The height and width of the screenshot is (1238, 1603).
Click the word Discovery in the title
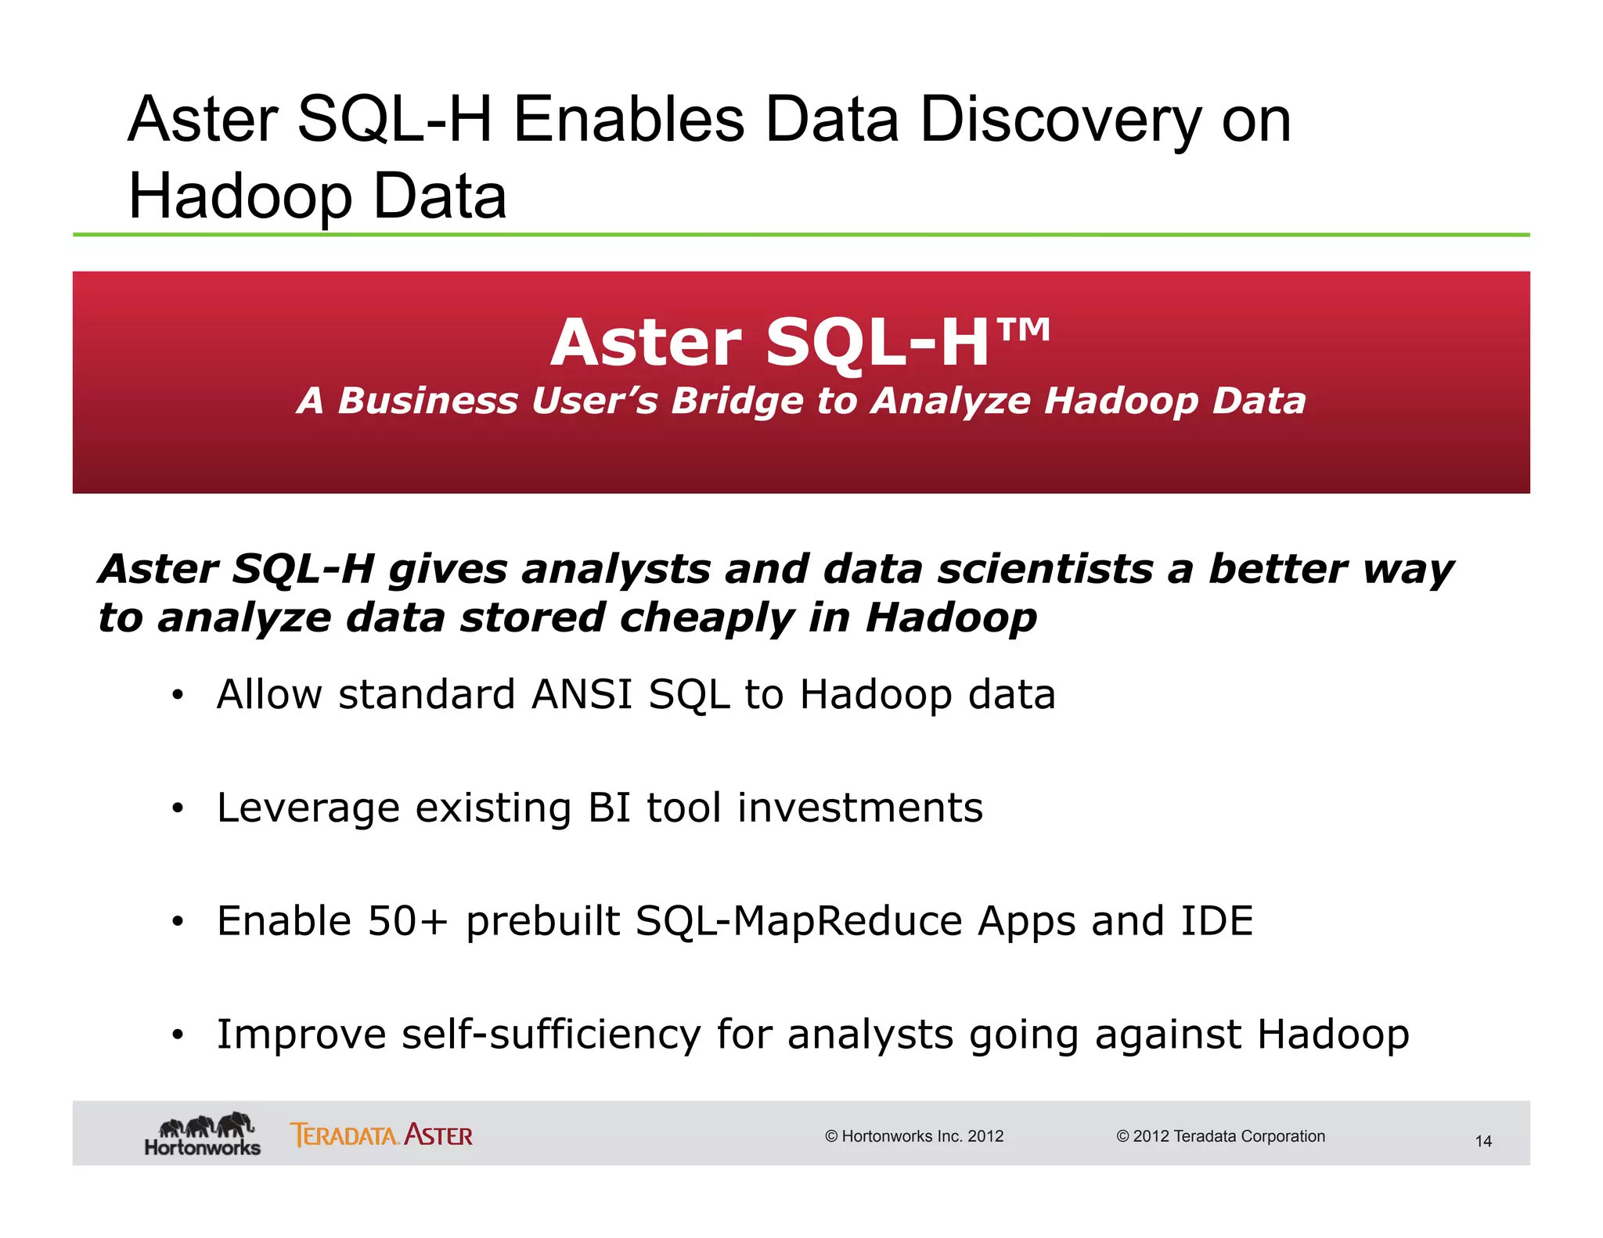point(1061,121)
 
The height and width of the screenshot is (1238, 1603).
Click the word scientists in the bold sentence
point(1045,569)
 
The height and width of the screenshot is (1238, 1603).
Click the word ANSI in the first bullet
point(582,695)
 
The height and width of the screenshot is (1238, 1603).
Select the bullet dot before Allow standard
point(178,695)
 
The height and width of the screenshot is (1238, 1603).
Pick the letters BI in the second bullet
point(609,808)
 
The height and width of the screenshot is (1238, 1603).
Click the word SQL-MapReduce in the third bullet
point(798,921)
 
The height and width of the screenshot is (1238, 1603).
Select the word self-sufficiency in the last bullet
point(551,1035)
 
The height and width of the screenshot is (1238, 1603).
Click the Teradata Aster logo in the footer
point(381,1135)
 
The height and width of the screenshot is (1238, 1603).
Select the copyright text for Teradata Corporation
point(1220,1136)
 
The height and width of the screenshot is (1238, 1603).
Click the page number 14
point(1482,1142)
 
